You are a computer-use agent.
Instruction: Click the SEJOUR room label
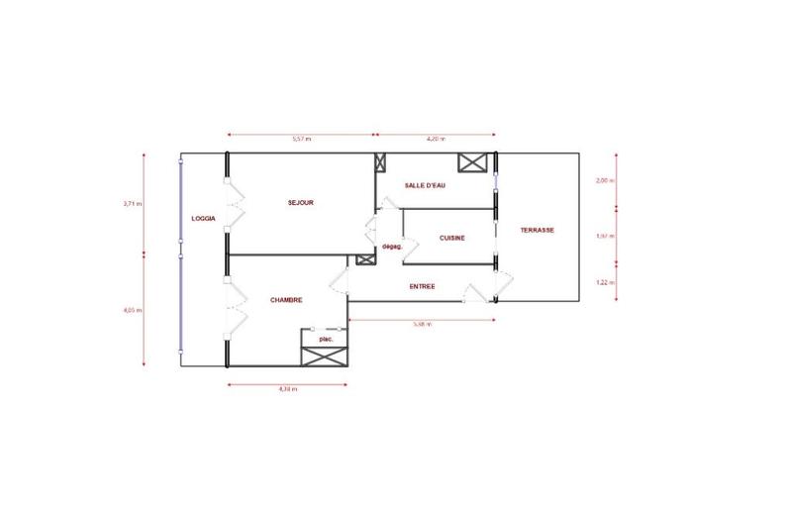pos(301,203)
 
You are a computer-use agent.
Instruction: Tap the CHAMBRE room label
pos(286,300)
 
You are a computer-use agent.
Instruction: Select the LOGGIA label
pos(204,218)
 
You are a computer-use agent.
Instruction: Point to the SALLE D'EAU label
pos(426,186)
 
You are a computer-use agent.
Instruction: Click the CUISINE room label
pos(452,239)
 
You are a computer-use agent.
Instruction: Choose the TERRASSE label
pos(537,230)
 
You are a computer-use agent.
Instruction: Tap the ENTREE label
pos(424,287)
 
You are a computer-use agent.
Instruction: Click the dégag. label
pos(391,247)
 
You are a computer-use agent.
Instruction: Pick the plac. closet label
pos(326,339)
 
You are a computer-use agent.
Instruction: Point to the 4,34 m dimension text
pos(288,389)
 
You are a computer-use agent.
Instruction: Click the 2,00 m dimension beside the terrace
pos(604,181)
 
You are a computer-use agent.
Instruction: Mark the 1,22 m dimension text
pos(604,282)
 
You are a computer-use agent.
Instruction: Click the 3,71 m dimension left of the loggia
pos(132,203)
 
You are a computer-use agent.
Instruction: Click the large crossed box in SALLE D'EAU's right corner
pos(470,163)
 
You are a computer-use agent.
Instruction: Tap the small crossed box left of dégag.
pos(364,259)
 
